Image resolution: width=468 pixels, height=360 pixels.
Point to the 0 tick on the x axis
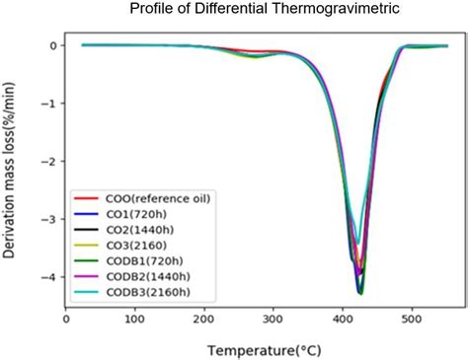65,318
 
